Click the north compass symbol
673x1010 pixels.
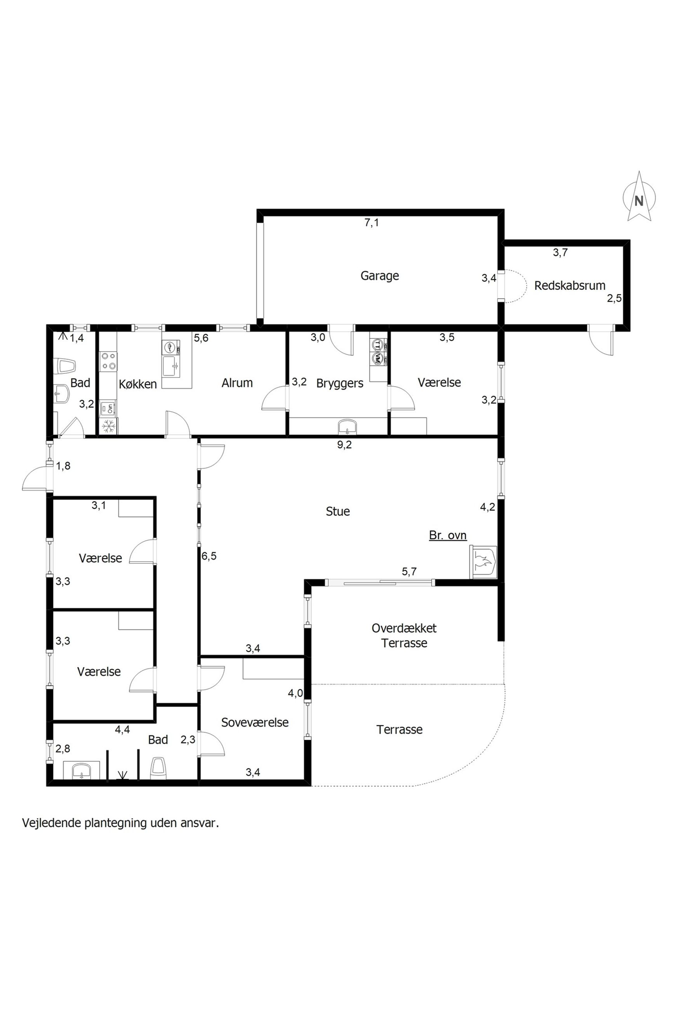pyautogui.click(x=639, y=196)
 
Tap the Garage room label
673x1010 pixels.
pyautogui.click(x=379, y=276)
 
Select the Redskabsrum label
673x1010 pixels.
pyautogui.click(x=570, y=286)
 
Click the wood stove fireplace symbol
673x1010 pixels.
pyautogui.click(x=483, y=562)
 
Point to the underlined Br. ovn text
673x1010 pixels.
pyautogui.click(x=448, y=535)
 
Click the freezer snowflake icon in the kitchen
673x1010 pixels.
pyautogui.click(x=109, y=426)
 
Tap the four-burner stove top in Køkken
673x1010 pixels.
pyautogui.click(x=108, y=361)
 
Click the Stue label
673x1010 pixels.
pyautogui.click(x=338, y=511)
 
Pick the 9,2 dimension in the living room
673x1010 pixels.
pyautogui.click(x=344, y=445)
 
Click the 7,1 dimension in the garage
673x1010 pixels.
pyautogui.click(x=372, y=222)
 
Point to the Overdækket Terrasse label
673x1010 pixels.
pyautogui.click(x=404, y=635)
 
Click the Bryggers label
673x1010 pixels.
pyautogui.click(x=339, y=383)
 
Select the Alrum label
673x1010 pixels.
pyautogui.click(x=237, y=383)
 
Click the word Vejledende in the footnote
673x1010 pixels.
pyautogui.click(x=52, y=823)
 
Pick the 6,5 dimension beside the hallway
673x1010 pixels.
pyautogui.click(x=209, y=556)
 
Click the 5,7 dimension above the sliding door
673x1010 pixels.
pyautogui.click(x=409, y=571)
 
